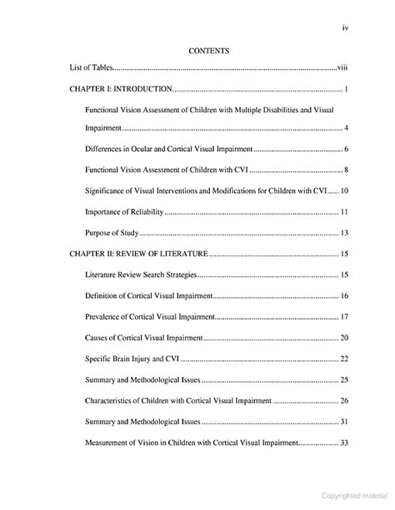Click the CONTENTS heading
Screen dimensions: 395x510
(x=209, y=52)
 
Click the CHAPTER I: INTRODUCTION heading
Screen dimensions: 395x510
(x=119, y=89)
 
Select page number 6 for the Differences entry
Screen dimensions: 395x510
(x=345, y=149)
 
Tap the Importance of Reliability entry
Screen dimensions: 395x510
(x=125, y=212)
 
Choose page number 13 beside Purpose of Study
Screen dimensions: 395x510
(x=343, y=233)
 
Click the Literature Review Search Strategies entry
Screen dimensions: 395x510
(x=141, y=275)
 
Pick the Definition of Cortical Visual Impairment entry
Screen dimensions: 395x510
(x=149, y=295)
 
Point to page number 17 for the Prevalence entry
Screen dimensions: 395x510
(x=343, y=317)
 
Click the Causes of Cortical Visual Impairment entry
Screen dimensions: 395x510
(x=143, y=338)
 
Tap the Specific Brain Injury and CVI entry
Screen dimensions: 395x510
(x=132, y=359)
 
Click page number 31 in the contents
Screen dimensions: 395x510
(x=343, y=423)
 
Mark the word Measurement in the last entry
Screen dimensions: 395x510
(x=107, y=443)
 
